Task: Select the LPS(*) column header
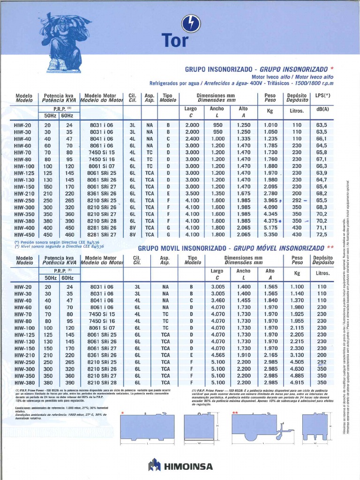pyautogui.click(x=322, y=96)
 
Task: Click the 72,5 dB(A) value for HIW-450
pyautogui.click(x=322, y=234)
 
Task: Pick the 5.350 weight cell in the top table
pyautogui.click(x=270, y=234)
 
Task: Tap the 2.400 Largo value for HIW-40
pyautogui.click(x=192, y=139)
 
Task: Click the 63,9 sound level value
pyautogui.click(x=322, y=173)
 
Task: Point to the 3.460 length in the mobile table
pyautogui.click(x=218, y=300)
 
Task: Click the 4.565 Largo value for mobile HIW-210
pyautogui.click(x=218, y=355)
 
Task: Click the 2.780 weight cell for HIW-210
pyautogui.click(x=270, y=193)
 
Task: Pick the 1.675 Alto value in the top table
pyautogui.click(x=244, y=193)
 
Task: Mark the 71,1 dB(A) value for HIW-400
pyautogui.click(x=322, y=227)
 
